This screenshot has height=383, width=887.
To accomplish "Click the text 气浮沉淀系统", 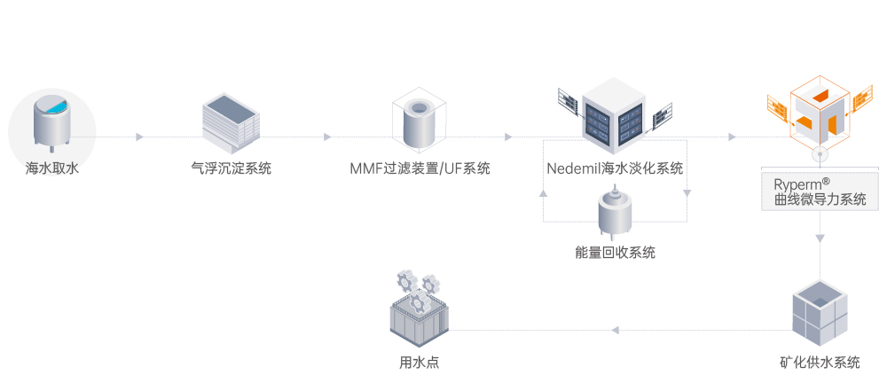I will (x=231, y=168).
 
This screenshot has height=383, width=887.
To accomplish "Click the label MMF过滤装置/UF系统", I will (x=420, y=168).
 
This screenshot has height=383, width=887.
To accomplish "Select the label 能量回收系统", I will (x=615, y=253).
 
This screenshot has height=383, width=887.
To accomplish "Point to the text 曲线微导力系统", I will (x=820, y=199).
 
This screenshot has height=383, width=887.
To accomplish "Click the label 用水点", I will (x=419, y=363).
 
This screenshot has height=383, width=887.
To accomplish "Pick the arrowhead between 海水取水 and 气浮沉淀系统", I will (x=139, y=137).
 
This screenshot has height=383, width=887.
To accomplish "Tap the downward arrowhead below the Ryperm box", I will (x=820, y=238).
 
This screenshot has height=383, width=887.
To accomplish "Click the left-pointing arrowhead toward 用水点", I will (x=616, y=331).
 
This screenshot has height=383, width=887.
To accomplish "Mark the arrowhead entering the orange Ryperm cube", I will (x=732, y=137).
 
